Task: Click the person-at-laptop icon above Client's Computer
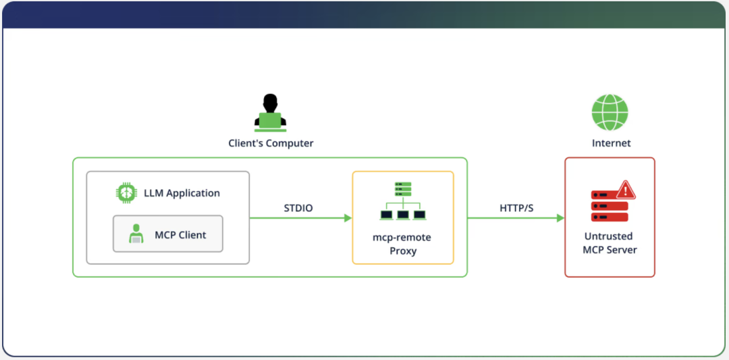(x=270, y=113)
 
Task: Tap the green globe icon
(x=610, y=112)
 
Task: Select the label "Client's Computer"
(x=271, y=143)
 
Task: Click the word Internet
(x=611, y=143)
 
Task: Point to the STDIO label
(x=298, y=208)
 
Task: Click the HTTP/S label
(x=516, y=208)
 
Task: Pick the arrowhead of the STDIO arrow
(x=348, y=218)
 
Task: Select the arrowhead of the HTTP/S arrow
(x=560, y=218)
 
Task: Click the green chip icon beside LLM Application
(x=126, y=192)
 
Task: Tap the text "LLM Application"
(x=182, y=193)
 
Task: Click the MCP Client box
(x=168, y=234)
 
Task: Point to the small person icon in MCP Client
(x=136, y=234)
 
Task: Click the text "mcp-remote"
(x=402, y=237)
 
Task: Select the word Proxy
(x=402, y=251)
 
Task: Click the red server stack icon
(x=609, y=206)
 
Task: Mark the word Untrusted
(x=609, y=236)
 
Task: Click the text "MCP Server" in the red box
(x=610, y=250)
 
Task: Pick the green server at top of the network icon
(x=403, y=188)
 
